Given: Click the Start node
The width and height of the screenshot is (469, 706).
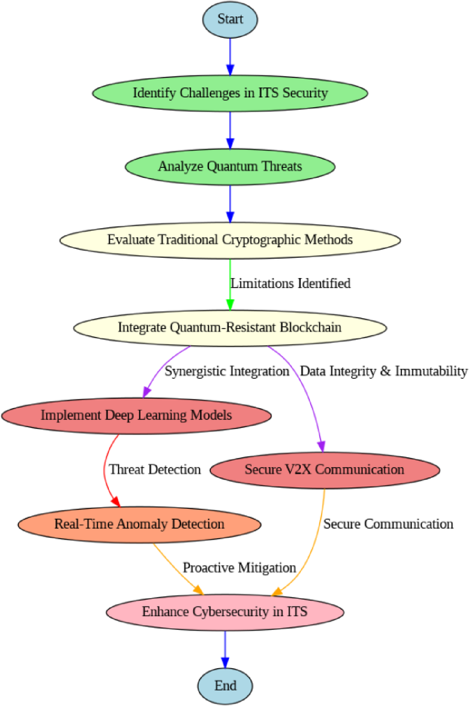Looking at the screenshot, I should (230, 19).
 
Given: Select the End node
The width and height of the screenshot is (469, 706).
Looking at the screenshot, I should (225, 685).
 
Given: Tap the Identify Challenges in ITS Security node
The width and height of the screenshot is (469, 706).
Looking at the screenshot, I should (230, 93).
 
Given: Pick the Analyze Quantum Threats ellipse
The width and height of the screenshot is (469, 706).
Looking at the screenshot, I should (230, 166).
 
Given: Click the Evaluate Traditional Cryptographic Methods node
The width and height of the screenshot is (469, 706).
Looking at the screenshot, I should (230, 240).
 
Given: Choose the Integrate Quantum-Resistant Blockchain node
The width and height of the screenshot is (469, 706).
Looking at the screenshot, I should (230, 328).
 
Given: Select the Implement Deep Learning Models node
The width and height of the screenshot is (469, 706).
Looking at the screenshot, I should (136, 415).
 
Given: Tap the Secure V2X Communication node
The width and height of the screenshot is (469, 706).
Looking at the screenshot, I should (325, 469).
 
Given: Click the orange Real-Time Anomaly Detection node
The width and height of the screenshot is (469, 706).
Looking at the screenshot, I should (140, 524).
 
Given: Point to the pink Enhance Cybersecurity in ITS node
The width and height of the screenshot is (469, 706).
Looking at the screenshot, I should (225, 612).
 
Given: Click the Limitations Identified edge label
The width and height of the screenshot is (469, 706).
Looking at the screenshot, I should (291, 283).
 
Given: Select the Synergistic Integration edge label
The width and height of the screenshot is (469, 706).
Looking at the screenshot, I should (227, 372).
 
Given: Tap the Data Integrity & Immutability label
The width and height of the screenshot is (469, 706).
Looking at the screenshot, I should (383, 372).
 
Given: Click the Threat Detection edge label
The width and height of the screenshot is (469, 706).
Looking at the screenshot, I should (155, 469).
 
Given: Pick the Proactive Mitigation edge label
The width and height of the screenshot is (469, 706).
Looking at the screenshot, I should (240, 567).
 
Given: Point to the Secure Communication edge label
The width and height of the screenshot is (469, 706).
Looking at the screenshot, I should (388, 524).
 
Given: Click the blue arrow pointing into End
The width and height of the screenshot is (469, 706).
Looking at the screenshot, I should (225, 648).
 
